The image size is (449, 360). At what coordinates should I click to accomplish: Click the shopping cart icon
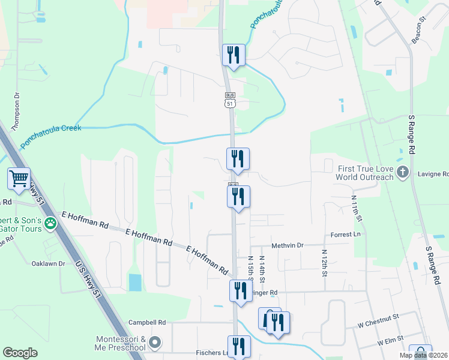point(19,178)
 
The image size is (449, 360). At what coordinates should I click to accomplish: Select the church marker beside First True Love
point(403,173)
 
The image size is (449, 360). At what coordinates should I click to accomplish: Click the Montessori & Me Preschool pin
point(155,343)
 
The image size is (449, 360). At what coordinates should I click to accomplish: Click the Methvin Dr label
point(288,245)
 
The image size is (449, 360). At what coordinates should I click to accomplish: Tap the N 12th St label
point(325,263)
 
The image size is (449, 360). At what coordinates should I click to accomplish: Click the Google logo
point(20,353)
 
